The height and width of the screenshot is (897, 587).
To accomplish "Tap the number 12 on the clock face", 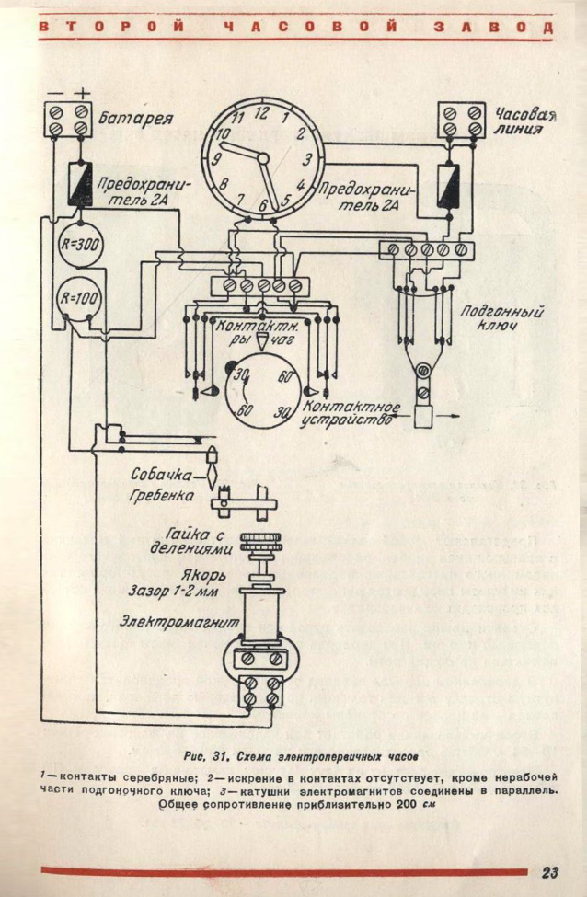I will pos(260,114).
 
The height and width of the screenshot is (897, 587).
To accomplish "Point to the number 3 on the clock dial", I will pos(307,159).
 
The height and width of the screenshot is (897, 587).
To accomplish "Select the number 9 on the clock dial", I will pos(217,159).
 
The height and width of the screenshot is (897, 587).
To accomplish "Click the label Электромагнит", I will pos(174,623).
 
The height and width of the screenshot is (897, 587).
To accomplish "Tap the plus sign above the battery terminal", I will pos(84,92).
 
